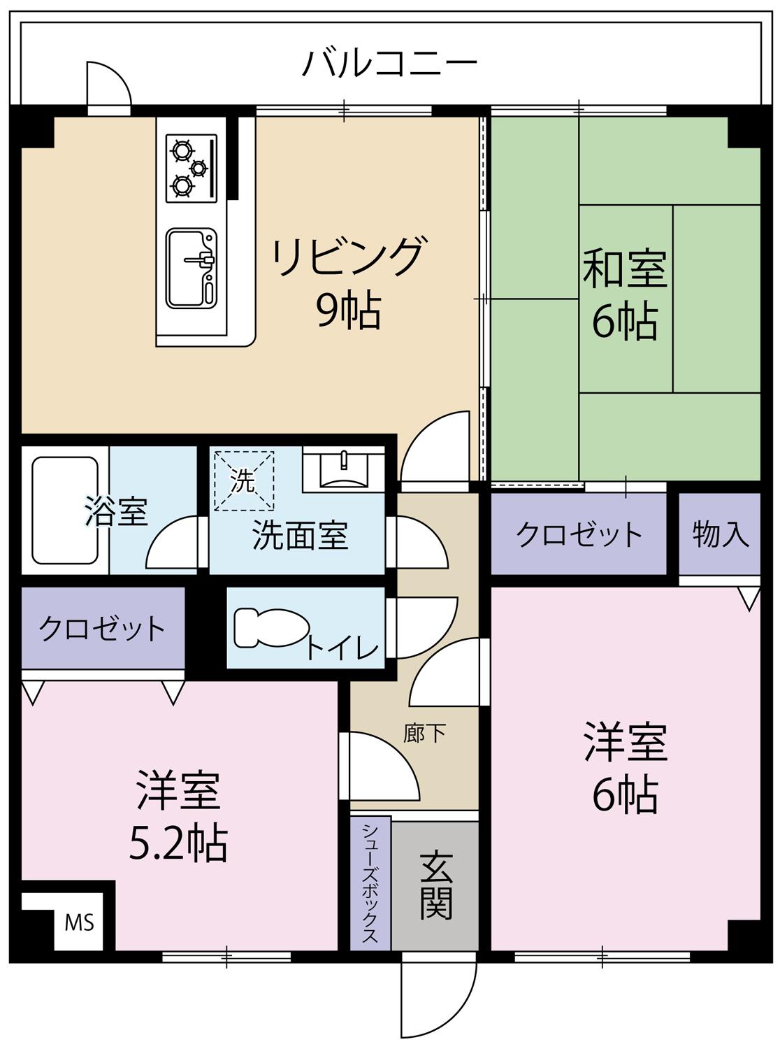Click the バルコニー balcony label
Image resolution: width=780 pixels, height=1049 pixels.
click(389, 64)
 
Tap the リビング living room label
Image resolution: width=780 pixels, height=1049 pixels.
click(348, 257)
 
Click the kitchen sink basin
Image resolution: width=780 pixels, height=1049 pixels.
click(190, 268)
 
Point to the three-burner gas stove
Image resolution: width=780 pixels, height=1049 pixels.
click(191, 168)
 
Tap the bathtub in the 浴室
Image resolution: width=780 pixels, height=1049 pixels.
click(64, 510)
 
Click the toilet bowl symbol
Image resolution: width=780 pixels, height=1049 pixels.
click(269, 627)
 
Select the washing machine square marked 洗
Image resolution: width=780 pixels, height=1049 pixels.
click(243, 480)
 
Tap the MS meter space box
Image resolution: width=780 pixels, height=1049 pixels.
click(79, 923)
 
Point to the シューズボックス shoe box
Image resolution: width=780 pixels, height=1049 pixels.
click(370, 885)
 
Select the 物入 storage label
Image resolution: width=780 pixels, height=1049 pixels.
click(721, 535)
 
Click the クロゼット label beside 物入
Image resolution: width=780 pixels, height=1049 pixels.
click(579, 535)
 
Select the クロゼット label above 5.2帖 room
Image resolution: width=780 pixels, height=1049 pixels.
click(102, 628)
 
